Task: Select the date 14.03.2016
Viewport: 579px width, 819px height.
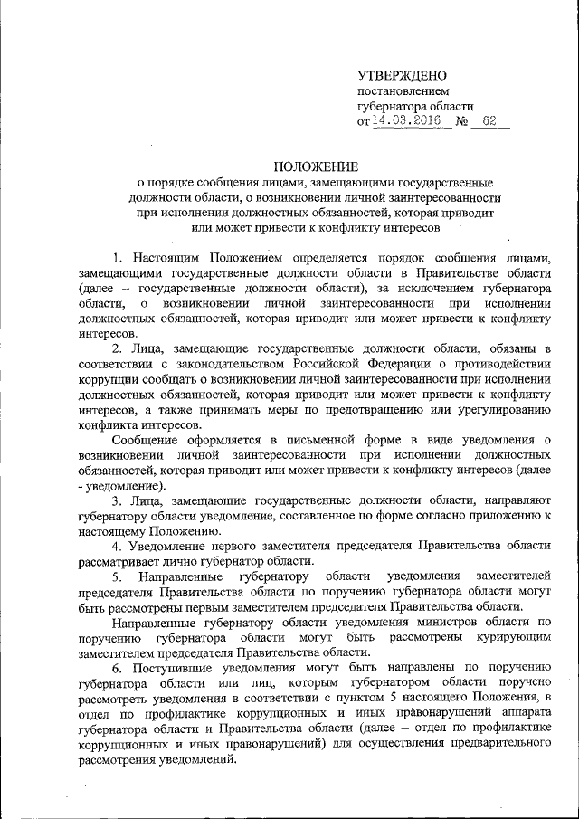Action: pyautogui.click(x=412, y=121)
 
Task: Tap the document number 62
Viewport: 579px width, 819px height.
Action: pyautogui.click(x=489, y=121)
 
